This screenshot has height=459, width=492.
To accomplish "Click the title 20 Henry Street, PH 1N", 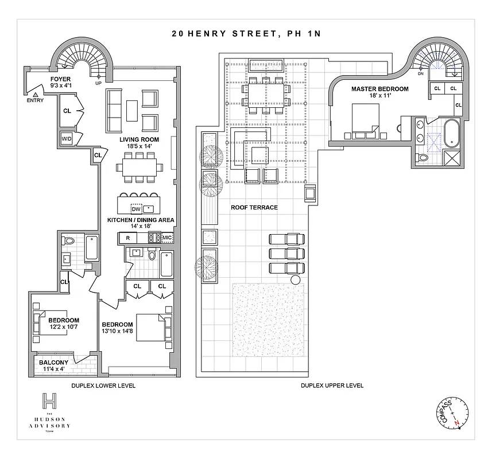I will [246, 33].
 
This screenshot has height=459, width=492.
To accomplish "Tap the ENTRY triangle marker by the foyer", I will [35, 94].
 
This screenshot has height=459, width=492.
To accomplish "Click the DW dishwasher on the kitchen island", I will [135, 209].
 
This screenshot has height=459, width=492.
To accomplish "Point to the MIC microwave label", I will [167, 237].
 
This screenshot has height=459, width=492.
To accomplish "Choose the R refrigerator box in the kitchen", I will [127, 237].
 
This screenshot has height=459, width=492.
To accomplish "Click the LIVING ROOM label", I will [139, 139].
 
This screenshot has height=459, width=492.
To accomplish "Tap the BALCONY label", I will [53, 363].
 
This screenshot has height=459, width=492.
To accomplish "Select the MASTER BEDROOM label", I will [380, 89].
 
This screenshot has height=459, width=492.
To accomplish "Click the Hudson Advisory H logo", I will [51, 401].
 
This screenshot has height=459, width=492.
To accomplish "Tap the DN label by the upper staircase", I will [420, 74].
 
